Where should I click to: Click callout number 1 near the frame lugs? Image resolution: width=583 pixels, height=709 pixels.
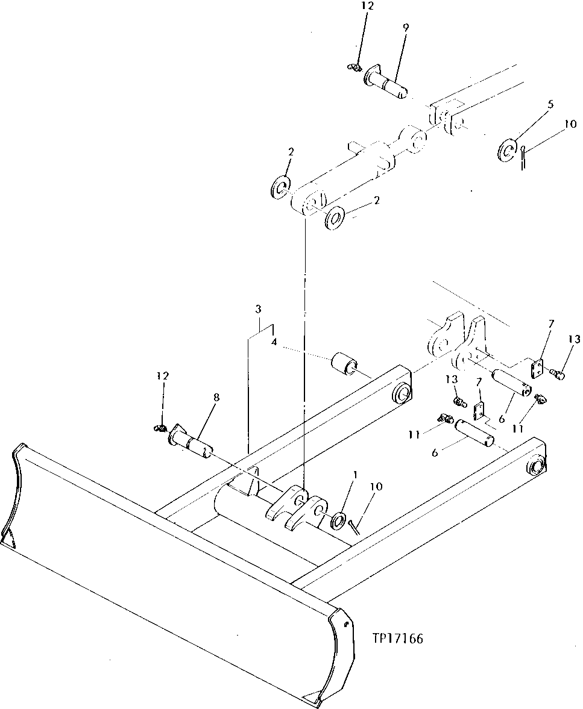click(x=356, y=474)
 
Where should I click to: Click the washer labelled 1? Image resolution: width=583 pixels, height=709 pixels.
click(x=338, y=520)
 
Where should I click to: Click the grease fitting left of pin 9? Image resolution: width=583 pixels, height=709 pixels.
click(x=355, y=67)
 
